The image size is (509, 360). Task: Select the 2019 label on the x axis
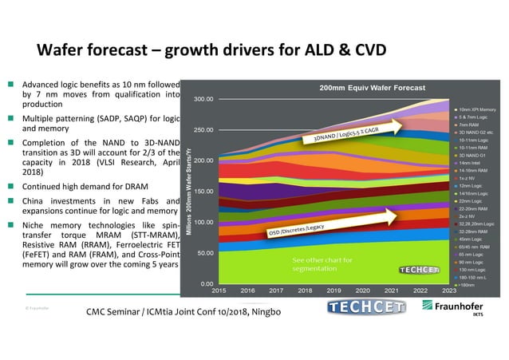click(333, 291)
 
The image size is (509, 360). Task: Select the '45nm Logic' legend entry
click(472, 239)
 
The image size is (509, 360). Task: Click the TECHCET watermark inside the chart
click(418, 269)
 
